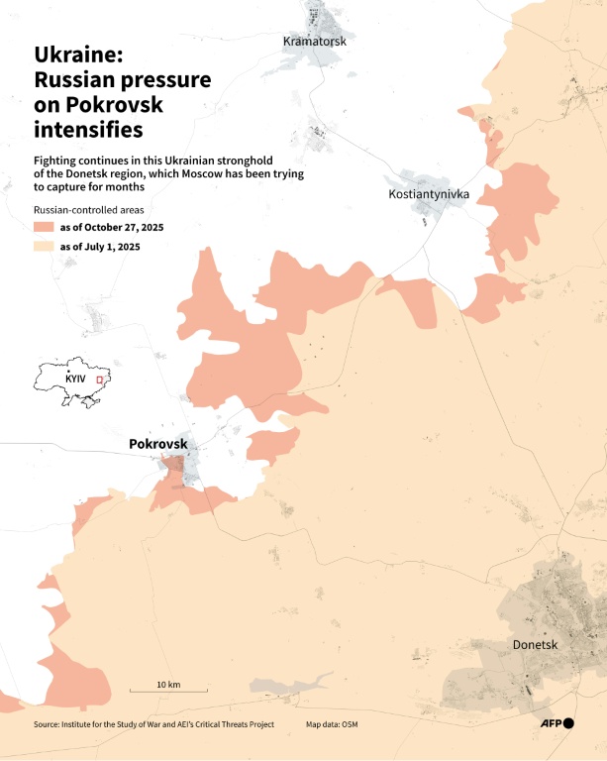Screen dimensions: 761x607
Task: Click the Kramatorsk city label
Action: tap(314, 41)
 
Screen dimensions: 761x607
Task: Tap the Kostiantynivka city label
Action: tap(429, 194)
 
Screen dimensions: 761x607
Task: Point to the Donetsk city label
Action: tap(537, 645)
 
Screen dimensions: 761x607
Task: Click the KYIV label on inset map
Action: tap(76, 380)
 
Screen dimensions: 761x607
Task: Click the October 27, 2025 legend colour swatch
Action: tap(46, 228)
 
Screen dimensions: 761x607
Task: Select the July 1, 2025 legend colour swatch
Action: tap(46, 247)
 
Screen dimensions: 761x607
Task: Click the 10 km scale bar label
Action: tap(167, 685)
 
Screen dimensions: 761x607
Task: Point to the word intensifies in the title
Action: tap(88, 129)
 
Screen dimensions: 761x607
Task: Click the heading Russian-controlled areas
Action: tap(88, 210)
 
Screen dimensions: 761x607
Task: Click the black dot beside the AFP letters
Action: tap(568, 724)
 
